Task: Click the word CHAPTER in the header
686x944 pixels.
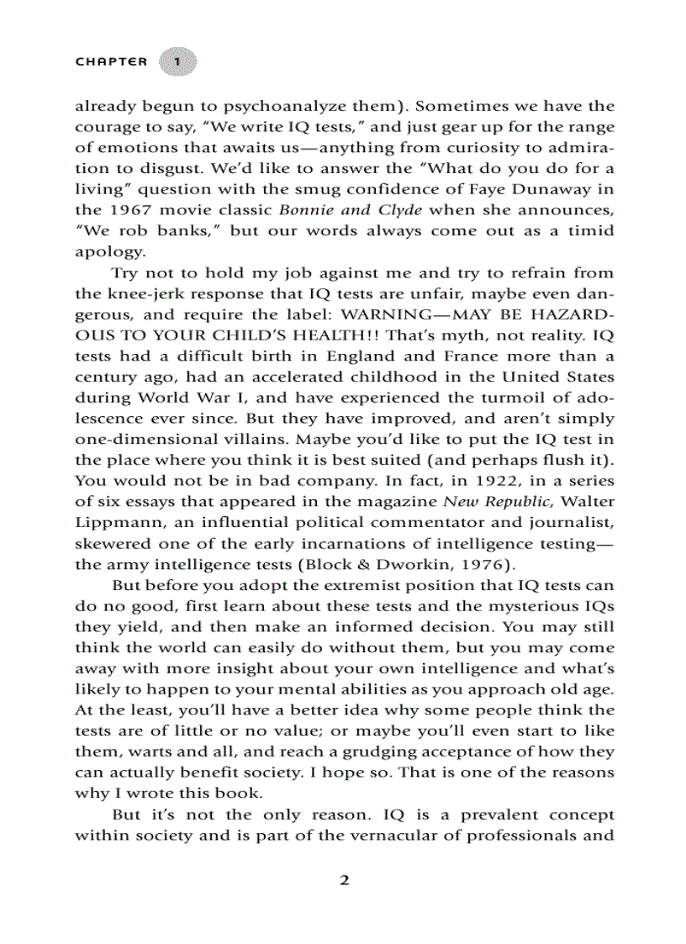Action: point(111,61)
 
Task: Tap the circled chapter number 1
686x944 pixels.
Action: point(177,61)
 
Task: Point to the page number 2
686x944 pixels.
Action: point(343,881)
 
